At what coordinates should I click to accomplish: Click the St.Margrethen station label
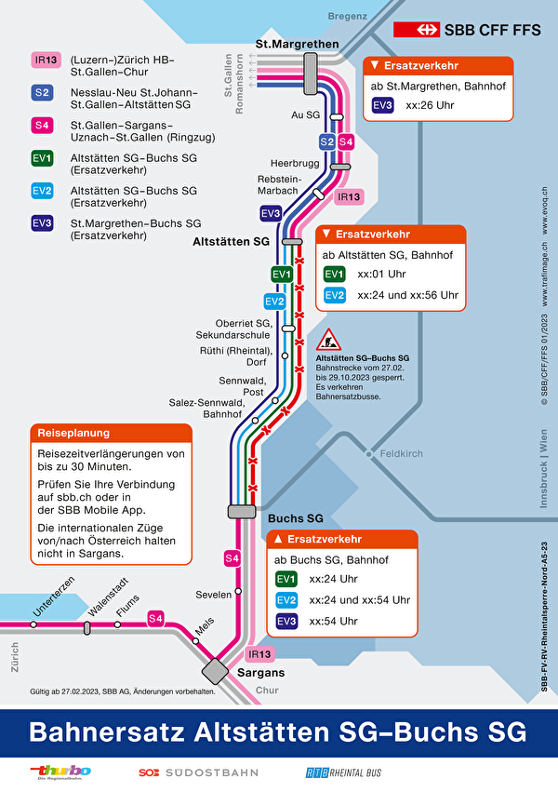click(289, 45)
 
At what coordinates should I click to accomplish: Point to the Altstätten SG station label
click(231, 241)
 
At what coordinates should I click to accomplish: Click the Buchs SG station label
click(295, 517)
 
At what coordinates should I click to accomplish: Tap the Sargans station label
click(260, 672)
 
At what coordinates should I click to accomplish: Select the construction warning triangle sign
click(328, 340)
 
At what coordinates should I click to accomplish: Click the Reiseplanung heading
click(73, 433)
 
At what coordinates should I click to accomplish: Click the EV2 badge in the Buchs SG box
click(287, 600)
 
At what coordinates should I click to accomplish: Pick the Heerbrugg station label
click(295, 164)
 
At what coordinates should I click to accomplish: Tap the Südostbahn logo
click(199, 772)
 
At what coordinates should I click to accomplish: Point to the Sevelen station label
click(213, 593)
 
